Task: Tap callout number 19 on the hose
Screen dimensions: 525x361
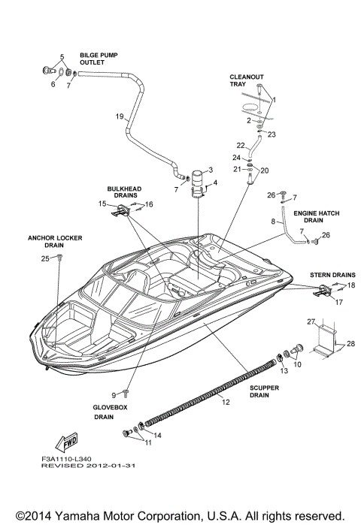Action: [119, 116]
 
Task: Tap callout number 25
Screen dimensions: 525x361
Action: [45, 258]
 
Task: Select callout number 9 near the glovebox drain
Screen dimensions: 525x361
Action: [115, 394]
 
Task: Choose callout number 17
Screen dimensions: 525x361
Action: [338, 302]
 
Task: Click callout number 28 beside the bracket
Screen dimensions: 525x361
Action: [350, 344]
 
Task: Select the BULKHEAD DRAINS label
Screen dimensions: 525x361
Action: [122, 193]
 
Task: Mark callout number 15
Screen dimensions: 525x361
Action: [102, 204]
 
